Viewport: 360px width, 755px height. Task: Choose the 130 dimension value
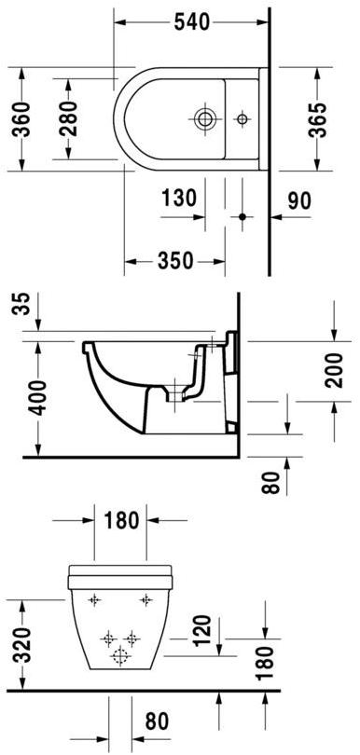tap(177, 199)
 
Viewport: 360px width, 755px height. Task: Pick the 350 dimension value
tap(176, 261)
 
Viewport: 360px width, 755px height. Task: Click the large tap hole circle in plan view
tap(204, 118)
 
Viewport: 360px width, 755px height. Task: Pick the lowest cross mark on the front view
tap(119, 657)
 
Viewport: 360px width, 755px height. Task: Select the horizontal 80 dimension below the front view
tap(156, 721)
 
